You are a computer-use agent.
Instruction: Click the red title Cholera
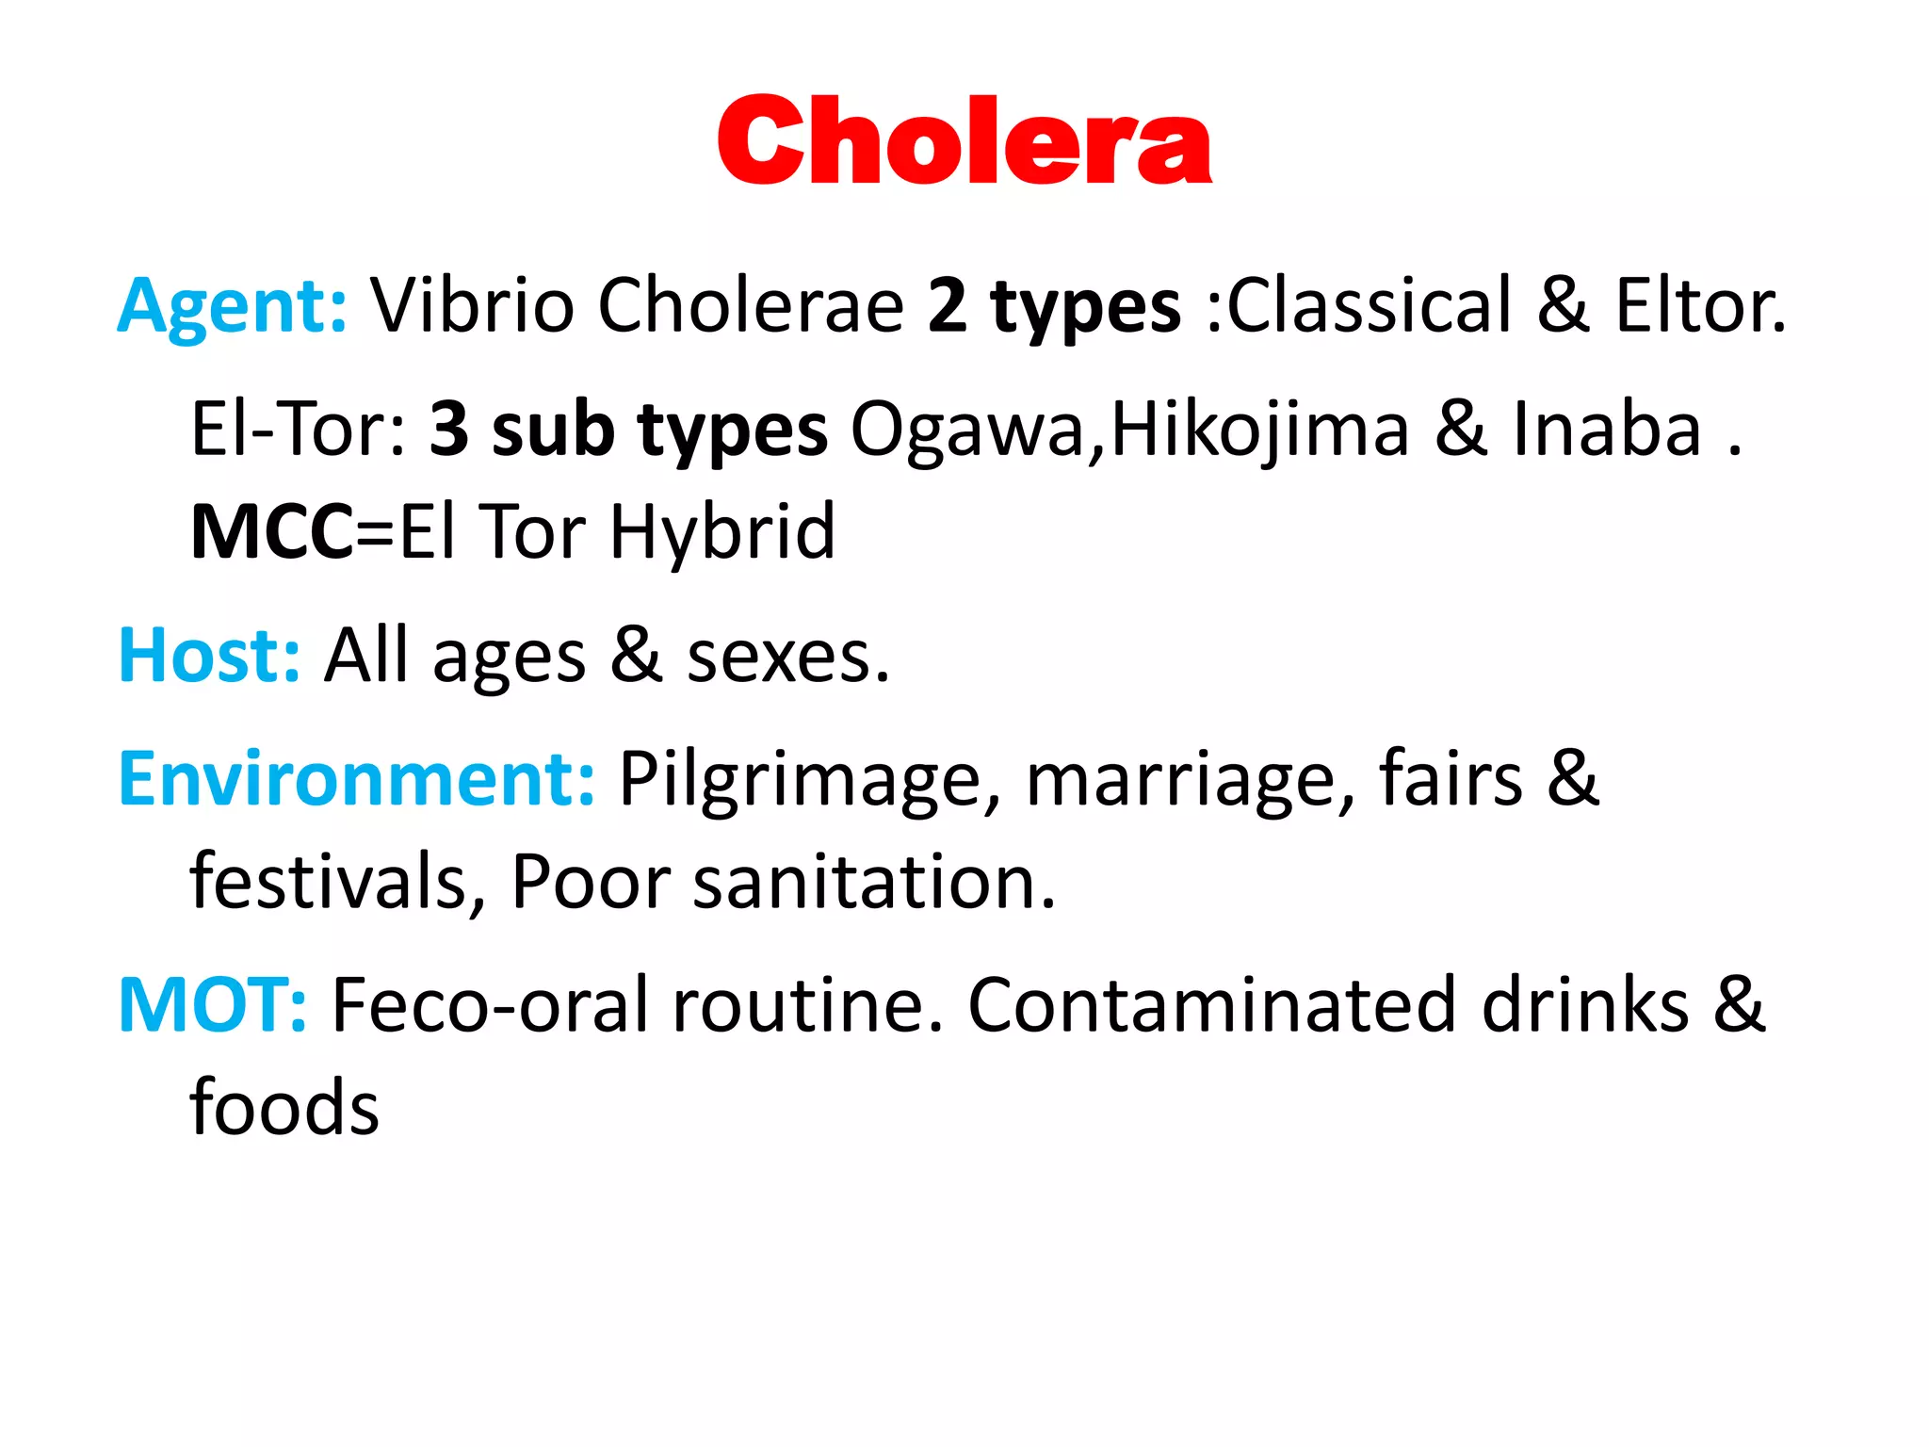pyautogui.click(x=964, y=141)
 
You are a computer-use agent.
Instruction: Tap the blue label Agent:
pyautogui.click(x=233, y=306)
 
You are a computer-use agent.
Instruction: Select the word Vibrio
pyautogui.click(x=471, y=305)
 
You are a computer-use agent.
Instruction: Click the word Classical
pyautogui.click(x=1370, y=305)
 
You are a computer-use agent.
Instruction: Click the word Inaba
pyautogui.click(x=1607, y=430)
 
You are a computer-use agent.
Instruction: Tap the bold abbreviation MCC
pyautogui.click(x=272, y=532)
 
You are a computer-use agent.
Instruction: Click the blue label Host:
pyautogui.click(x=209, y=656)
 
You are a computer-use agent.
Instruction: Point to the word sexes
pyautogui.click(x=787, y=658)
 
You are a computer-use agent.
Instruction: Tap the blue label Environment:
pyautogui.click(x=356, y=779)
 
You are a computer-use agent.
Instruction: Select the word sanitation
pyautogui.click(x=873, y=882)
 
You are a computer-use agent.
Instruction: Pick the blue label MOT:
pyautogui.click(x=212, y=1005)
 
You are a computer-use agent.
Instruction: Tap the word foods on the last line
pyautogui.click(x=284, y=1107)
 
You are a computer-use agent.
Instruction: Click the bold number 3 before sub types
pyautogui.click(x=448, y=430)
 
